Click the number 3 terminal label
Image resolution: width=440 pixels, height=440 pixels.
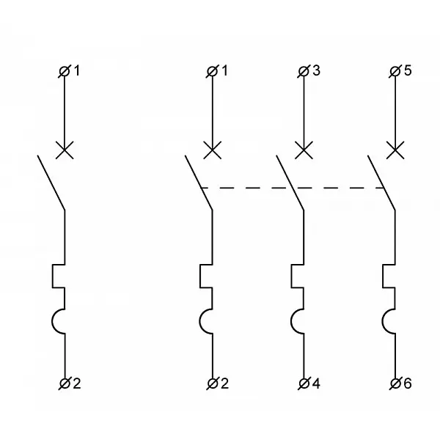click(x=316, y=70)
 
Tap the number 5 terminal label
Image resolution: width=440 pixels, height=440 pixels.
click(x=408, y=70)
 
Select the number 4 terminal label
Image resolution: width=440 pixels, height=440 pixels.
click(x=316, y=384)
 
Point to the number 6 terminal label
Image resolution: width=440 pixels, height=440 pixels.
click(x=408, y=384)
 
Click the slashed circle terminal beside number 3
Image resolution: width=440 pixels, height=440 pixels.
click(x=304, y=72)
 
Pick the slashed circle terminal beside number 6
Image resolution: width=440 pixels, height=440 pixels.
click(x=395, y=384)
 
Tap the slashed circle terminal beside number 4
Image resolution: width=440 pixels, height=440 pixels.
click(x=304, y=384)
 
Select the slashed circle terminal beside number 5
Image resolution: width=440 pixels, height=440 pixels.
click(x=395, y=72)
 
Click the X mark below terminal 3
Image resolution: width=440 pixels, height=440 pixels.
click(x=304, y=150)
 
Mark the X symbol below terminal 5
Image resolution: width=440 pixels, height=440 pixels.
click(x=395, y=150)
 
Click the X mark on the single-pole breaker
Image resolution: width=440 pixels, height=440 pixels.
click(x=65, y=150)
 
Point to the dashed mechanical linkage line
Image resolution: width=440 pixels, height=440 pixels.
click(x=293, y=188)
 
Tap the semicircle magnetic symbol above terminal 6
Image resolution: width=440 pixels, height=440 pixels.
click(x=383, y=322)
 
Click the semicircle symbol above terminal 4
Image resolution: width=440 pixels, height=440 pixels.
click(x=291, y=322)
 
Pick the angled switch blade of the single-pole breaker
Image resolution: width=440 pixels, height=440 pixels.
click(x=51, y=183)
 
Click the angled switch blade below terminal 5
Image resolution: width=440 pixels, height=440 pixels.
click(x=381, y=183)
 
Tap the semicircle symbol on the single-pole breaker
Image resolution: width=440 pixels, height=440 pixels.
click(x=52, y=322)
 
